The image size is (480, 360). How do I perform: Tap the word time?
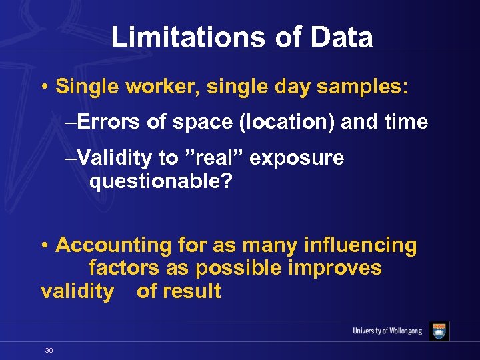[404, 122]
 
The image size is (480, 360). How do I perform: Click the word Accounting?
[114, 245]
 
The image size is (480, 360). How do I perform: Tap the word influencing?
[360, 245]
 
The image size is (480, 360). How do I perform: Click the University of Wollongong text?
[387, 331]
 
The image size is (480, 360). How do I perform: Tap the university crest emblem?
[439, 331]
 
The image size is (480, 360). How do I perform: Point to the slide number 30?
[49, 350]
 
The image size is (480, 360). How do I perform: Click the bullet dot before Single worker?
[43, 87]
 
